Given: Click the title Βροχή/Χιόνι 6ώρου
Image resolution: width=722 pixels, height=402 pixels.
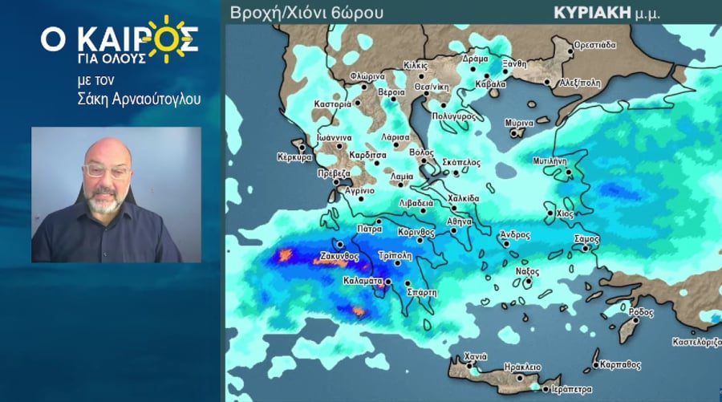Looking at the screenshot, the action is (x=306, y=12).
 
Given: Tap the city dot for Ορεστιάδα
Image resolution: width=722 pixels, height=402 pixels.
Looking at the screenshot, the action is (x=571, y=51).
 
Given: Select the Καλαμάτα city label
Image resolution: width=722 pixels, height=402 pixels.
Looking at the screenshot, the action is (x=363, y=282).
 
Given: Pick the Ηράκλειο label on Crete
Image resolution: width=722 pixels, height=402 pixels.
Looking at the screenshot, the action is (x=522, y=367).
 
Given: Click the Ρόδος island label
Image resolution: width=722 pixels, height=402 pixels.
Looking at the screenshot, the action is (x=643, y=311).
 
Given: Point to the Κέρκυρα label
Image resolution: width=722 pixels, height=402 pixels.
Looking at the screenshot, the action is (x=294, y=157).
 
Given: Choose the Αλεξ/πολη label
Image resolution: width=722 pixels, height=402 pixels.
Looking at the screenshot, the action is (x=580, y=83).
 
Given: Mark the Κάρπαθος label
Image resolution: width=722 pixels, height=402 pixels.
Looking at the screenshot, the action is (x=620, y=364).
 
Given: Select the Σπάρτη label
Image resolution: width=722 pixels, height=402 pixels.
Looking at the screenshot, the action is (x=422, y=293).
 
